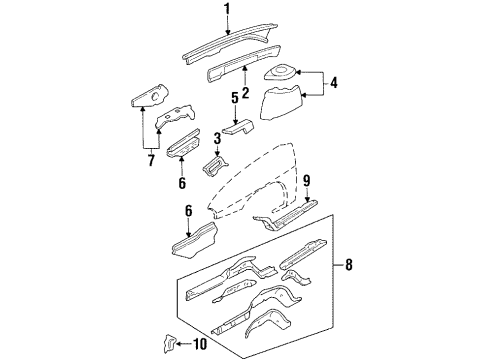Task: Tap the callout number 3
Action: [215, 137]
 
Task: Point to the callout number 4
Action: [334, 84]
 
